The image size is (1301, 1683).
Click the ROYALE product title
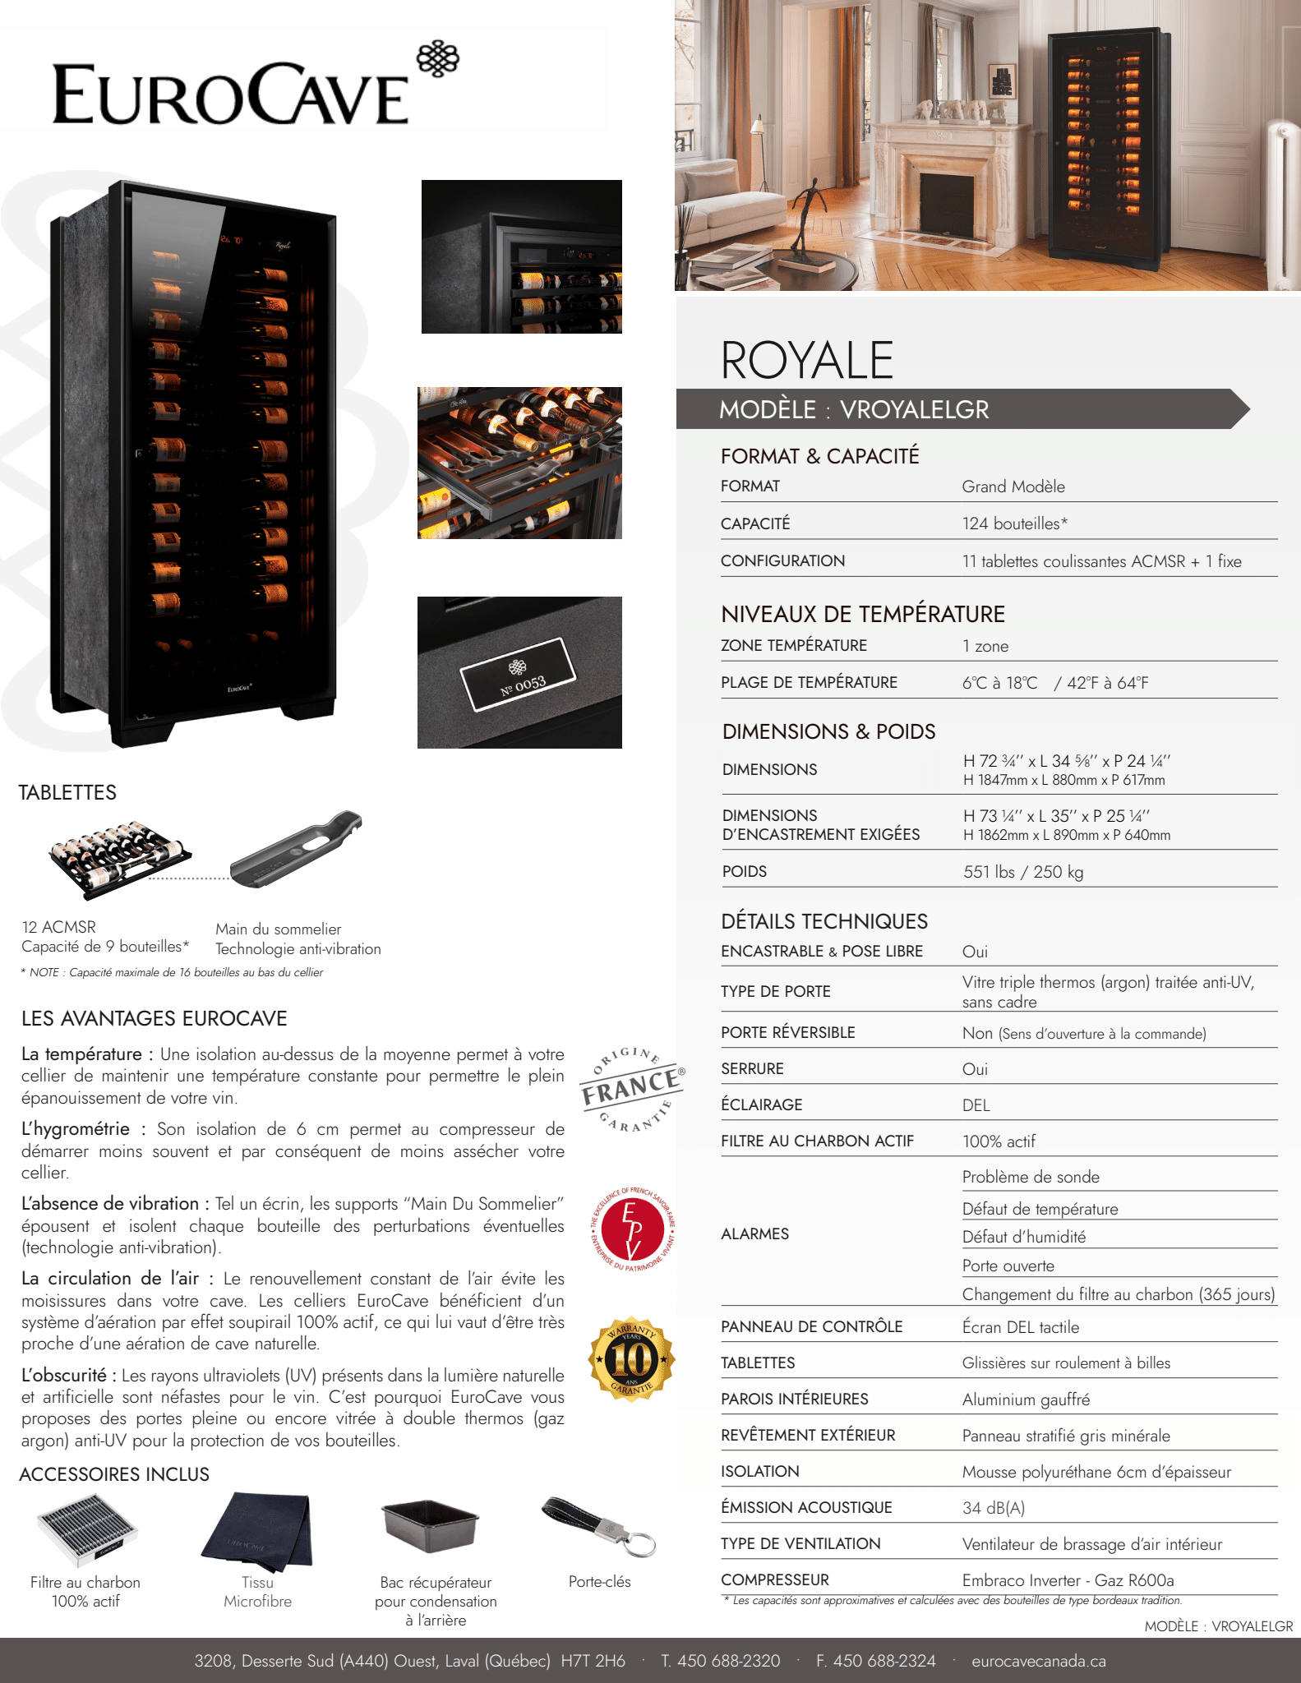pyautogui.click(x=806, y=360)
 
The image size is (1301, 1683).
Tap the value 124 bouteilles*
pyautogui.click(x=1015, y=523)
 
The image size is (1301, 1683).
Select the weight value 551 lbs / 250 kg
pyautogui.click(x=1023, y=872)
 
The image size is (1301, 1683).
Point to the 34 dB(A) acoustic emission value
pyautogui.click(x=994, y=1508)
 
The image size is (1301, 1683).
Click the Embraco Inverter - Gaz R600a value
pyautogui.click(x=1068, y=1580)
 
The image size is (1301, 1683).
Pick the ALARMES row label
pyautogui.click(x=754, y=1233)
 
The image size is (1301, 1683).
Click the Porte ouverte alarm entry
pyautogui.click(x=1008, y=1266)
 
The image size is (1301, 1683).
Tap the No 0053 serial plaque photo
pyautogui.click(x=519, y=672)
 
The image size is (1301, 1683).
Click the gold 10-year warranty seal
pyautogui.click(x=631, y=1359)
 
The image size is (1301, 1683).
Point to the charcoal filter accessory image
pyautogui.click(x=86, y=1529)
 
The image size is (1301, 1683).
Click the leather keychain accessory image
pyautogui.click(x=600, y=1526)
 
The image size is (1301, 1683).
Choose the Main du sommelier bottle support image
pyautogui.click(x=297, y=851)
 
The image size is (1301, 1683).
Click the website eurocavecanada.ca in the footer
pyautogui.click(x=1038, y=1661)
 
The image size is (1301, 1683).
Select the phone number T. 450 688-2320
pyautogui.click(x=720, y=1661)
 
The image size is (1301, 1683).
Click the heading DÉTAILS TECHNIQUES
pyautogui.click(x=824, y=921)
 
